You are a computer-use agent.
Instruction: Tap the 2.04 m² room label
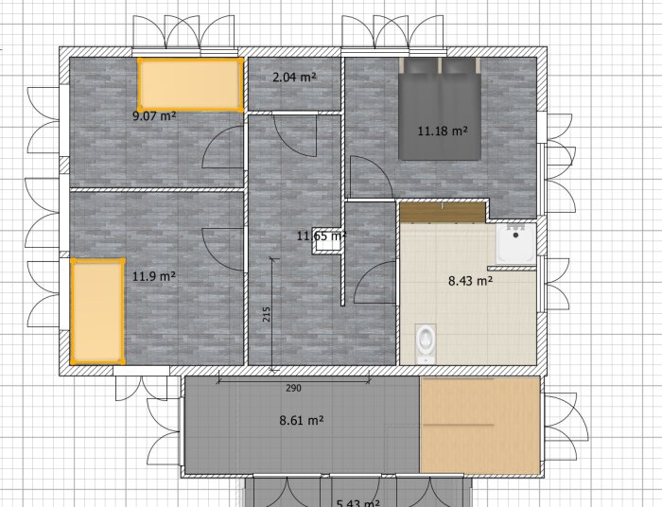coord(294,78)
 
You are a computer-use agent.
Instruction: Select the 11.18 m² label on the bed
coord(444,131)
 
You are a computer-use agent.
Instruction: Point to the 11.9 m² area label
coord(154,276)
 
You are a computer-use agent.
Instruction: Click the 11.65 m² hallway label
coord(321,235)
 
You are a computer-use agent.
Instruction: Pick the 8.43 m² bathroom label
coord(470,280)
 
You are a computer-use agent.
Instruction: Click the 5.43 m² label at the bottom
coord(358,503)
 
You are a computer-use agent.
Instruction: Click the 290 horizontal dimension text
coord(293,389)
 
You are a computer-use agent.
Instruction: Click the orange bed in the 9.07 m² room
coord(189,84)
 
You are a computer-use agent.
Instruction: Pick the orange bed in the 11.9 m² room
coord(97,310)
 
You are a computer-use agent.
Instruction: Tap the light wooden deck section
coord(479,426)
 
